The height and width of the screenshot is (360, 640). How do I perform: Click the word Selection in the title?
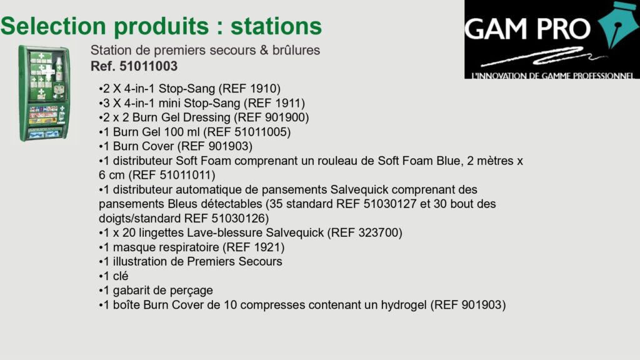click(x=53, y=26)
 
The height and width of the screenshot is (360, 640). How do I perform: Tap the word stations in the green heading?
click(x=276, y=26)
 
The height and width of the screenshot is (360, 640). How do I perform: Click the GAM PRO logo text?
click(x=527, y=29)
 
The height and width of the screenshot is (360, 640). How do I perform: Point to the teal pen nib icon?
click(x=618, y=25)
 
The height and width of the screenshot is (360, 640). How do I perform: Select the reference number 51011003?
click(x=148, y=66)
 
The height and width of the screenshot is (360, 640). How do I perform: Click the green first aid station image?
click(x=44, y=94)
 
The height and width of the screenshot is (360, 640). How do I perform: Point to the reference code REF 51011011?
click(x=172, y=175)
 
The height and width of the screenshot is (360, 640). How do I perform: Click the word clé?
click(x=121, y=276)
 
